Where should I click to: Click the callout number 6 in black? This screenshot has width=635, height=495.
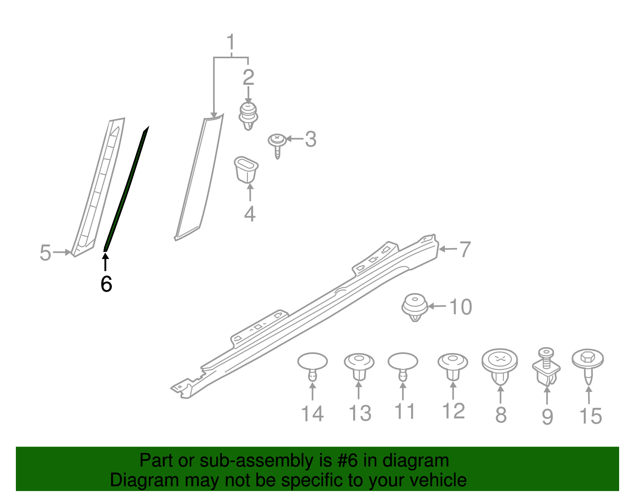[106, 284]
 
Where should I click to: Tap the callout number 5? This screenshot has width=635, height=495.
[45, 253]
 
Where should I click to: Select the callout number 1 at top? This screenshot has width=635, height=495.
[231, 43]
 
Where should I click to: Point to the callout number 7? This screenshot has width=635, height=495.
[465, 249]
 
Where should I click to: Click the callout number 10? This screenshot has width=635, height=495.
[460, 307]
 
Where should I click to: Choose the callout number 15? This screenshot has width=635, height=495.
[591, 416]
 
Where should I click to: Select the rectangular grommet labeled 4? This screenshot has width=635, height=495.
[246, 170]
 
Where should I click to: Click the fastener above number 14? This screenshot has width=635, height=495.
[313, 365]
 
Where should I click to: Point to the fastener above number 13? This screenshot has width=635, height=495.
[359, 365]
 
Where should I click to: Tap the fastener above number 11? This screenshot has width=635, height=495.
[403, 365]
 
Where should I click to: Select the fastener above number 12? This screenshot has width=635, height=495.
[453, 365]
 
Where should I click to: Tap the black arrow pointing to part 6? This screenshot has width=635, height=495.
[106, 262]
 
